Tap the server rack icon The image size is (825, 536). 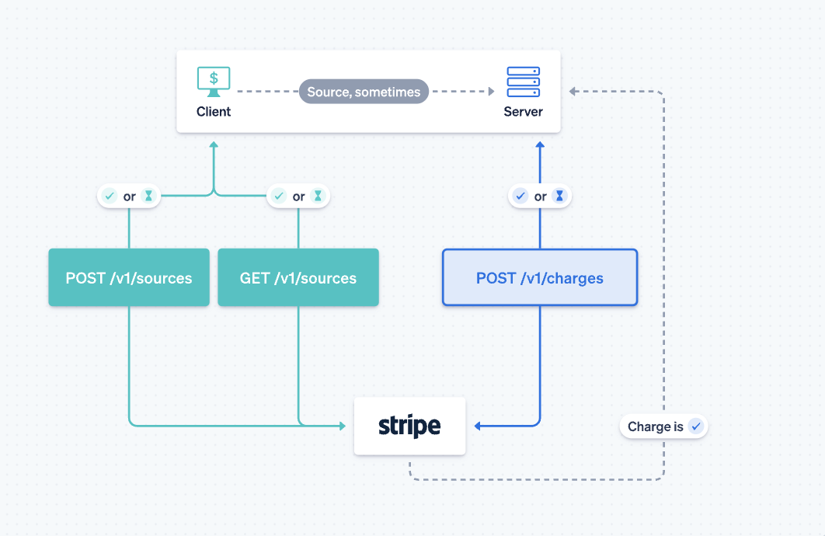523,82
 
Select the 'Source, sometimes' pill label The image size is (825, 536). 364,92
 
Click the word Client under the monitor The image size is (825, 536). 213,112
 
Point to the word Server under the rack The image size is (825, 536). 523,112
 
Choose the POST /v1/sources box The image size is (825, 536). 129,277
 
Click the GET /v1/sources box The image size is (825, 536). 298,277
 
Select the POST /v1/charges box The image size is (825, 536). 540,277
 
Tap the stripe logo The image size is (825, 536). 409,426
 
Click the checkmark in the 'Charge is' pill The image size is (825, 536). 695,426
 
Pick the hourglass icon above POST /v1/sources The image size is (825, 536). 148,197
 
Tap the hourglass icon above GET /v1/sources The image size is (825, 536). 317,197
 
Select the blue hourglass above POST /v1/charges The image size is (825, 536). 559,197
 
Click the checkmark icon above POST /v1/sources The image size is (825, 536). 110,197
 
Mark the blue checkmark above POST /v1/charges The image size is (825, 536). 521,197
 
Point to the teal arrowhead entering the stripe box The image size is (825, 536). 342,426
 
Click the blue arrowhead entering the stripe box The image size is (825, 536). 479,426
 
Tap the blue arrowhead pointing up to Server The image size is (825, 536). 540,144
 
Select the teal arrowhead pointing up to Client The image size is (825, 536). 214,144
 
